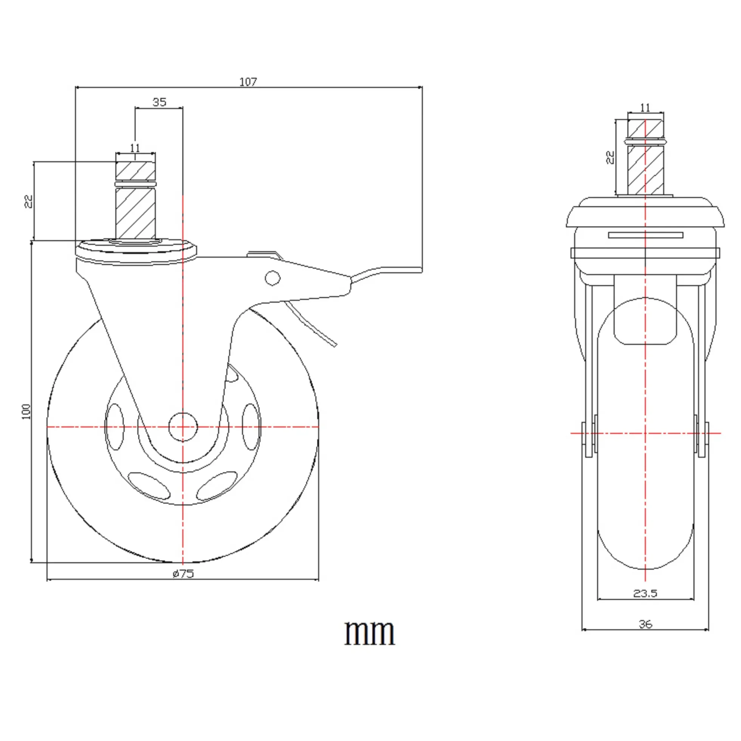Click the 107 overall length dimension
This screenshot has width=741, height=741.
248,82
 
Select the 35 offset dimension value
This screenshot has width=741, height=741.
160,102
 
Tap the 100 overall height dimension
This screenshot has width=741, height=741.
26,412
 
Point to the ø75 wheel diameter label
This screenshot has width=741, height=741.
183,574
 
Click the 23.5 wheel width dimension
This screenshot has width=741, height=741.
645,593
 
